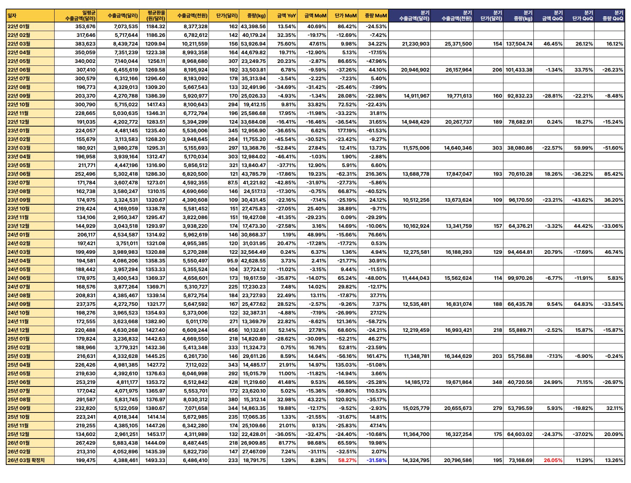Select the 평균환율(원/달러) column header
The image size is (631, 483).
tap(156, 16)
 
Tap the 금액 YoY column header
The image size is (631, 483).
tap(286, 16)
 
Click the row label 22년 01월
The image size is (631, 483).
tap(19, 26)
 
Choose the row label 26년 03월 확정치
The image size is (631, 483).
tap(26, 460)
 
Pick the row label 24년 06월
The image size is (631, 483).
tap(19, 278)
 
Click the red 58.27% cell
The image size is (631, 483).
tap(347, 460)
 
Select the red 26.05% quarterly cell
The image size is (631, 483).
tap(553, 460)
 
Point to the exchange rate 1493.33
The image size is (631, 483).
tap(155, 460)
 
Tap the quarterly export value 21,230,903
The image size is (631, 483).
tap(416, 44)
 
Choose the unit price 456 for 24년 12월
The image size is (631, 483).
tap(233, 330)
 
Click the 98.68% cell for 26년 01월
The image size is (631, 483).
tap(317, 443)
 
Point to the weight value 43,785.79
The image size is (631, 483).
tap(253, 174)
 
